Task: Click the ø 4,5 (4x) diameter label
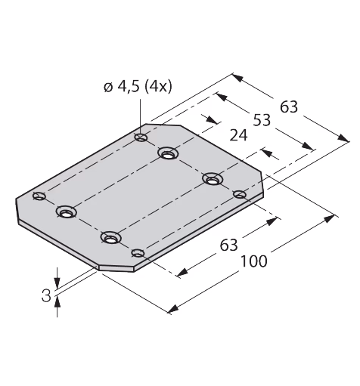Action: pos(138,87)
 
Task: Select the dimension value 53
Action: pos(262,120)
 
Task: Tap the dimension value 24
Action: pos(238,135)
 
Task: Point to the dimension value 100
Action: pos(254,261)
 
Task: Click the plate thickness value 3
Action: pos(46,295)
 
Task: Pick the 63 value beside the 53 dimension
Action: pos(289,107)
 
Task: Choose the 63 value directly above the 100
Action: pos(229,245)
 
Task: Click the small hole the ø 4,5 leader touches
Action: pos(141,137)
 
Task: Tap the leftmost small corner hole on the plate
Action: pos(39,196)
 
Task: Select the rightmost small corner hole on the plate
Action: pos(240,194)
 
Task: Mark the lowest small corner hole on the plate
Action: pos(138,253)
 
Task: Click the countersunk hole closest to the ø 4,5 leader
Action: pos(168,153)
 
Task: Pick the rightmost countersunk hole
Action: pos(213,179)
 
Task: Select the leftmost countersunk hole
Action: pos(67,212)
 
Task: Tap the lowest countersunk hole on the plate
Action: pos(110,237)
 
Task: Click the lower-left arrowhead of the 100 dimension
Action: pos(173,309)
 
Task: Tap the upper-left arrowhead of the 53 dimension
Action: pos(221,97)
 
